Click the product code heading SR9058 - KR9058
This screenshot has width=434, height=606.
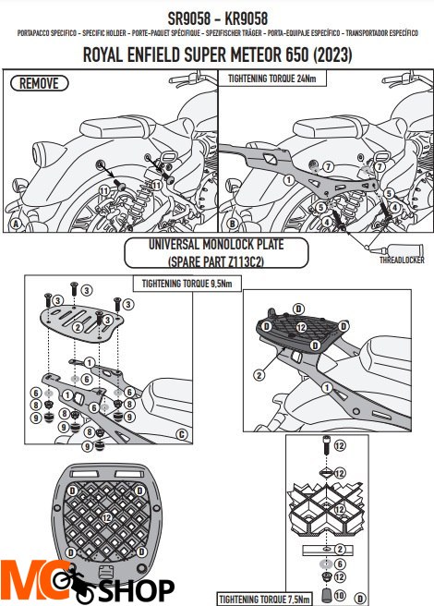click(217, 17)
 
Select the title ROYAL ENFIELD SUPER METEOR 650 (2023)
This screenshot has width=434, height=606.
click(217, 55)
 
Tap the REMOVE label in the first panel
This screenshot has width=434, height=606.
click(38, 83)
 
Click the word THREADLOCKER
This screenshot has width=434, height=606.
click(400, 261)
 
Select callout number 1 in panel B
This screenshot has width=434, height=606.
click(288, 178)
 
